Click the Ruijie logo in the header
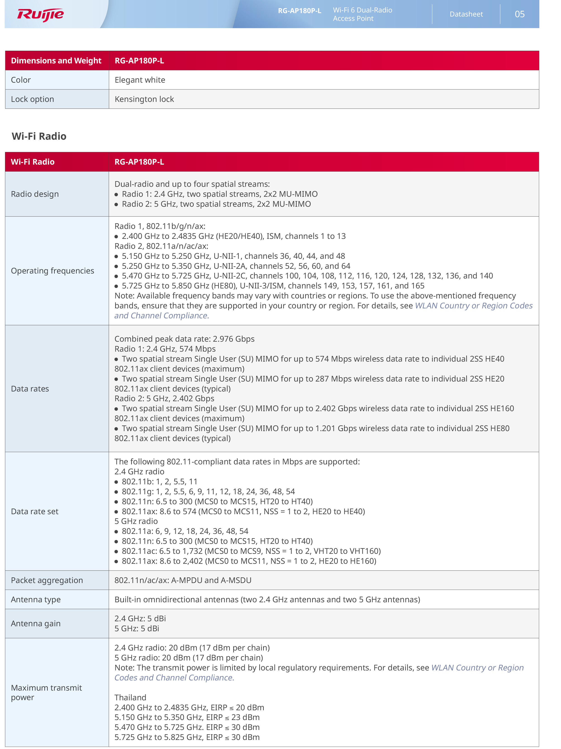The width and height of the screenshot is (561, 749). [x=40, y=14]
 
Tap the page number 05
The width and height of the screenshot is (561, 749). [x=519, y=14]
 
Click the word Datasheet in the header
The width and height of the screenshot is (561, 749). [x=466, y=14]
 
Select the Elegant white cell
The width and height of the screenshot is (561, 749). [x=140, y=80]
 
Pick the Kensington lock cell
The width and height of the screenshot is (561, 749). [x=144, y=99]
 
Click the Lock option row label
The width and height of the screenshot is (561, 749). [x=33, y=99]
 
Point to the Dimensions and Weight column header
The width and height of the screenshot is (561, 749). [x=56, y=61]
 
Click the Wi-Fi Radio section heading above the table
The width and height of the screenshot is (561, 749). [x=39, y=136]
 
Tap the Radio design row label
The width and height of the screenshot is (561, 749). [x=35, y=194]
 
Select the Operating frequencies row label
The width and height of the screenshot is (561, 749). [x=52, y=271]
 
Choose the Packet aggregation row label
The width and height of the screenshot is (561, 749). [x=47, y=580]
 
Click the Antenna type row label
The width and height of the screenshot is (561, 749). [x=36, y=599]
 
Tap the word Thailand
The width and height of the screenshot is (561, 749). [x=130, y=698]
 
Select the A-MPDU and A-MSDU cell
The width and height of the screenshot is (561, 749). [x=183, y=580]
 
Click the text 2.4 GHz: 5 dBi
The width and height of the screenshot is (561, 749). [x=140, y=618]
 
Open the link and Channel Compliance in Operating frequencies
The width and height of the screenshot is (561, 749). [x=162, y=316]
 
